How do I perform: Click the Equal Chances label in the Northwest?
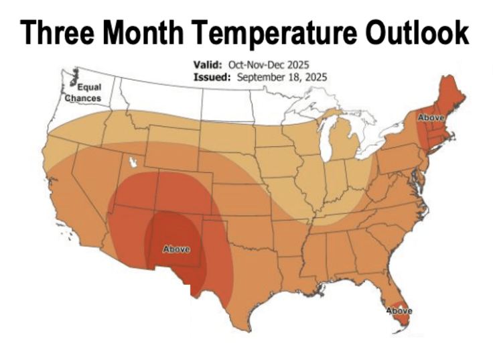[x=84, y=93]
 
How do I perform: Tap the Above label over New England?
[x=430, y=118]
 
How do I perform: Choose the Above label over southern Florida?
[x=399, y=311]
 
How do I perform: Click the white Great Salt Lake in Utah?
[x=133, y=162]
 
